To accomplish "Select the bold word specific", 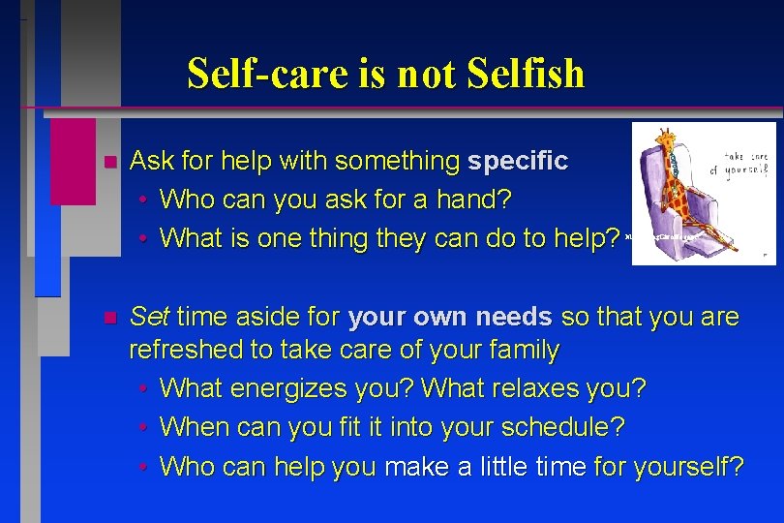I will [x=518, y=161].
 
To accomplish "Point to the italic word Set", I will [x=149, y=317].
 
